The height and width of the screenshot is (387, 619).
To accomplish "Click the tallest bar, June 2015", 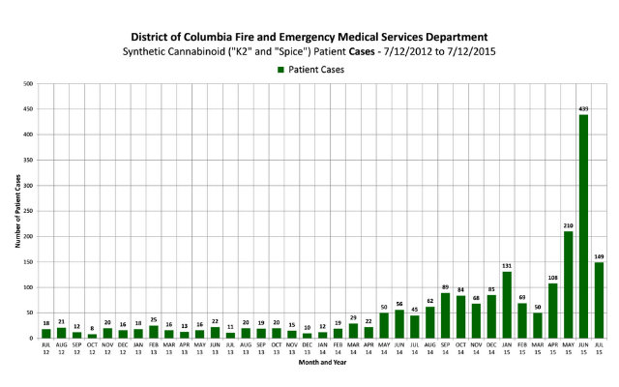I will coord(583,227).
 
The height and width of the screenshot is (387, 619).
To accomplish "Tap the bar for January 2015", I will coord(507,306).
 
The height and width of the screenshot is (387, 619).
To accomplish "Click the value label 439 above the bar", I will coord(583,108).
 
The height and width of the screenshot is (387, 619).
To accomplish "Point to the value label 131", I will coord(507,265).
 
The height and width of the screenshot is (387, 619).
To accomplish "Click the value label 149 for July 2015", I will coord(599,255).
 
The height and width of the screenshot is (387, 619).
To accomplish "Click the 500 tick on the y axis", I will coord(31,85).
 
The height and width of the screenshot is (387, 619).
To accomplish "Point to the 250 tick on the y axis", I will coord(31,212).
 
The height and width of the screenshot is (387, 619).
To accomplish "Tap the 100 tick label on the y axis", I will coord(31,288).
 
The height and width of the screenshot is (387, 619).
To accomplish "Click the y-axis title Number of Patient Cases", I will coord(16,212).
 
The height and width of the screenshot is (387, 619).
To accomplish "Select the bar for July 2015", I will coord(599,301).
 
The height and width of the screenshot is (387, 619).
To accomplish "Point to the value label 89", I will coord(446,286).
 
